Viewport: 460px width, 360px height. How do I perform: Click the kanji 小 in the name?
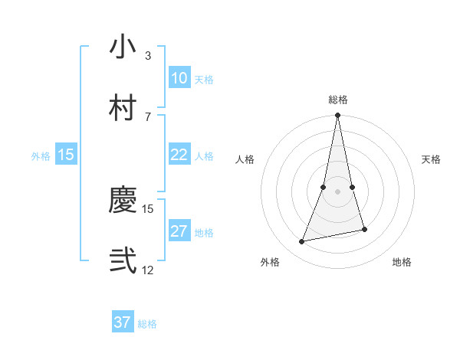[123, 47]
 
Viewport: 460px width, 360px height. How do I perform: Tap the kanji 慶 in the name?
[123, 201]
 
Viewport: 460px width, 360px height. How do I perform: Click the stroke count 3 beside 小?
[147, 56]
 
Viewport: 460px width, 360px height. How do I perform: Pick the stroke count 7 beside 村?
[147, 116]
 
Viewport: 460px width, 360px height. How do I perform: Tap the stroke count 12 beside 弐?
[148, 270]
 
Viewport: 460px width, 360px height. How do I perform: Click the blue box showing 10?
[179, 78]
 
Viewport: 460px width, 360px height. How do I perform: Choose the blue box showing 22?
[179, 155]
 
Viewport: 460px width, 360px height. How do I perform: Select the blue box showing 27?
[179, 231]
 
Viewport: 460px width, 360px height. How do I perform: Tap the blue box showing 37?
[122, 322]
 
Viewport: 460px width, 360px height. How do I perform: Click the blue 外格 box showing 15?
[66, 155]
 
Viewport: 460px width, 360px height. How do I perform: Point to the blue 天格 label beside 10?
[204, 80]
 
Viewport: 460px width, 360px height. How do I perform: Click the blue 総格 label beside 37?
[147, 324]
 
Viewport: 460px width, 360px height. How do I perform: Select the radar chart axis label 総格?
[338, 100]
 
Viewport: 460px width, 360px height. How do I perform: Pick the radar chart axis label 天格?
[432, 159]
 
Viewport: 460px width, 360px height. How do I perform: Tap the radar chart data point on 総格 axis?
[337, 116]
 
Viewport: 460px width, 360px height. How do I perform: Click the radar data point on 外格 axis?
[302, 242]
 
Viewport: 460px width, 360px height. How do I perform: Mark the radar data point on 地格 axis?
[364, 229]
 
